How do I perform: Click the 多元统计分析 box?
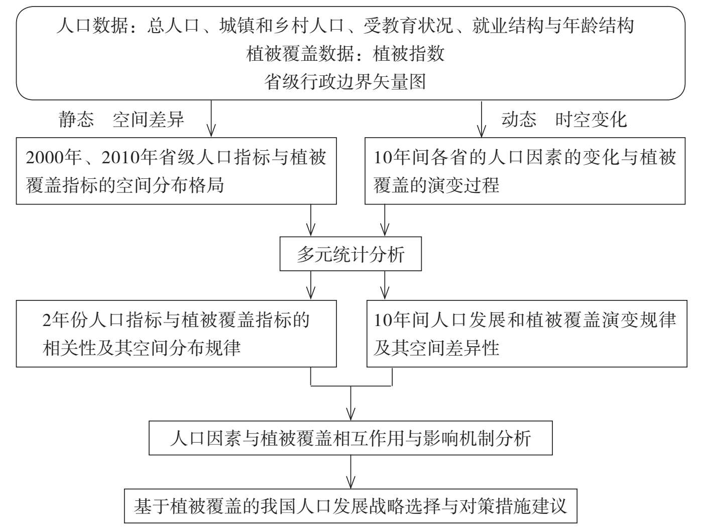tap(350, 254)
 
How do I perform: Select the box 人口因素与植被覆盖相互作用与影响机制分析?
tap(350, 438)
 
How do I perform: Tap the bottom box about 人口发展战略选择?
tap(350, 505)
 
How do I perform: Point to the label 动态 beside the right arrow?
tap(519, 120)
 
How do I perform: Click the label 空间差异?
tap(149, 120)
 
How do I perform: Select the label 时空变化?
tap(591, 120)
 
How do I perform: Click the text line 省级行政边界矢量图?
tap(345, 81)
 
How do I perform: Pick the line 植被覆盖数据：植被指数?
tap(345, 53)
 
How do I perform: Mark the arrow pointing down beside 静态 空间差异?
tap(211, 119)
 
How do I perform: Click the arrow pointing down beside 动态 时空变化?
tap(482, 119)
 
